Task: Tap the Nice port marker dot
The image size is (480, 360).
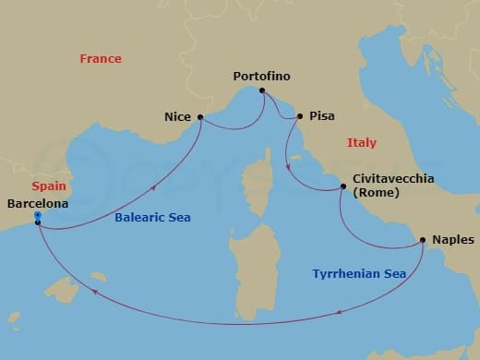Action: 200,117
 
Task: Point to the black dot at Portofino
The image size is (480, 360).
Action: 263,90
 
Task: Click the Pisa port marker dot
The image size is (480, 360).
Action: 299,117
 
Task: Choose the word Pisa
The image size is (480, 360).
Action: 322,117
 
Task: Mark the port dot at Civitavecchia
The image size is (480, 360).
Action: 343,187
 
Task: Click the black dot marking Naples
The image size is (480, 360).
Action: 423,240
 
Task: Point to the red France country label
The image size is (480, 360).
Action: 101,58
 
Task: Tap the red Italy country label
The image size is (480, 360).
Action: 361,142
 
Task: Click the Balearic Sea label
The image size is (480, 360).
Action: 152,218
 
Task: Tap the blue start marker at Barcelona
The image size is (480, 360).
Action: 37,216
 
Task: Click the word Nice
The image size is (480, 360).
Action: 177,117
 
